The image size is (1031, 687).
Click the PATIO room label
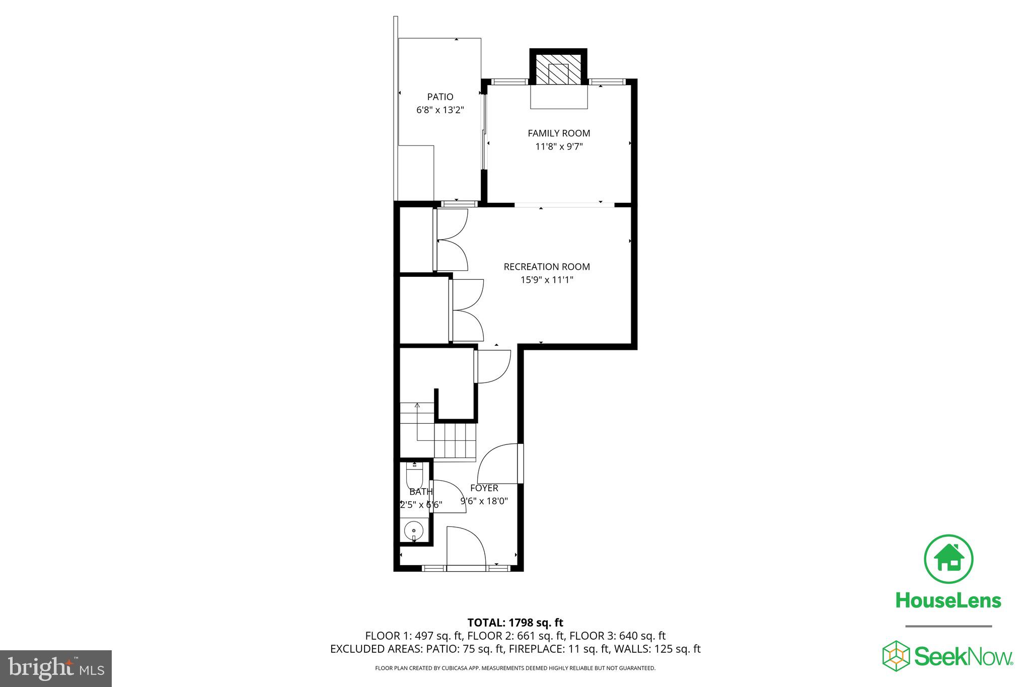(440, 97)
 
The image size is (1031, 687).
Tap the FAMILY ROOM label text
(559, 133)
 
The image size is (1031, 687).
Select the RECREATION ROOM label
(547, 267)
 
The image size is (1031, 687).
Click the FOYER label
(484, 488)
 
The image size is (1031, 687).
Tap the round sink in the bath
(414, 530)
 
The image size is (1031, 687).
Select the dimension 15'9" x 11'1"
(547, 280)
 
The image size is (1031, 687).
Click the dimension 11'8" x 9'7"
(559, 146)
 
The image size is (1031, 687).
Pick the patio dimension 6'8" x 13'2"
(440, 110)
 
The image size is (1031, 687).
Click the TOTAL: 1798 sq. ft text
(515, 623)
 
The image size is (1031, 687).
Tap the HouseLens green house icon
(948, 559)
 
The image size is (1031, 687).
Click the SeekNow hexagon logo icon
(896, 656)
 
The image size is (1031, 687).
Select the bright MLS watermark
(55, 668)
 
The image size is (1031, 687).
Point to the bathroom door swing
(448, 496)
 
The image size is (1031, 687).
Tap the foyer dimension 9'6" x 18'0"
(484, 501)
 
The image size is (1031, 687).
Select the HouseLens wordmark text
(948, 600)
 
